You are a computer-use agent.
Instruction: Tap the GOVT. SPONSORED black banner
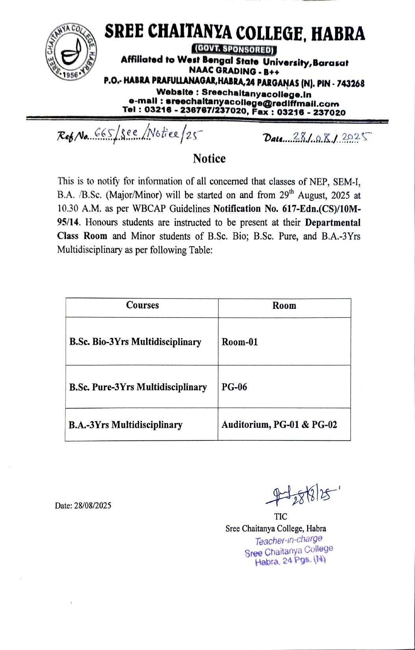coord(235,50)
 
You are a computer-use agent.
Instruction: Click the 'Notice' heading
coord(209,158)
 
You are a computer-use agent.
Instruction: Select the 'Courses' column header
coord(142,305)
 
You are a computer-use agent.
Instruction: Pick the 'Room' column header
coord(284,306)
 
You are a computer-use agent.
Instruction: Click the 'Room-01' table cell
coord(240,342)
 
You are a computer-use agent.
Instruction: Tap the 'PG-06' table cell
coord(234,387)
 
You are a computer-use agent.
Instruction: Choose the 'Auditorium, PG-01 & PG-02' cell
coord(279,425)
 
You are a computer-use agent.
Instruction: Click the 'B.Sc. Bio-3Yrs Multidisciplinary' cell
coord(135,342)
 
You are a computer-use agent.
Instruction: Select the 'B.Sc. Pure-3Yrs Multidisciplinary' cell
coord(138,387)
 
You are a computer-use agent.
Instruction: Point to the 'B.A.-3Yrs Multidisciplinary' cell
coord(125,425)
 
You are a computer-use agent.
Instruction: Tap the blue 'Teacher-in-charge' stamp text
coord(289,540)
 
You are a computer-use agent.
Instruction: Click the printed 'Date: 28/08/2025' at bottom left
coord(83,505)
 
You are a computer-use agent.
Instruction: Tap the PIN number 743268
coord(349,84)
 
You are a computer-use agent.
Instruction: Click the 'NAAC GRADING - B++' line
coord(234,71)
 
